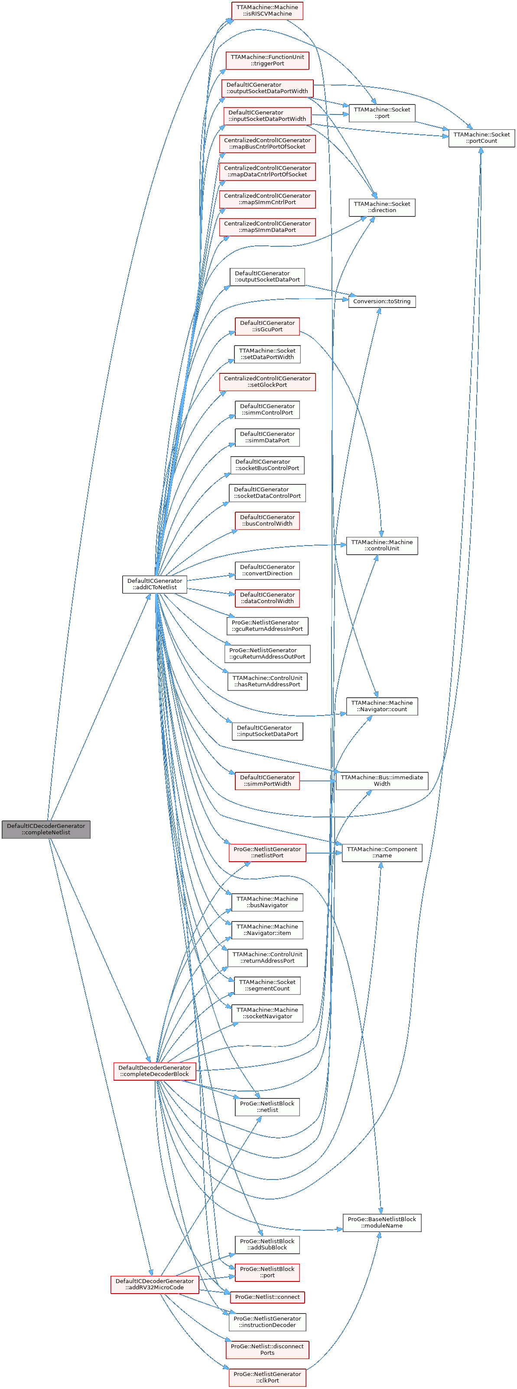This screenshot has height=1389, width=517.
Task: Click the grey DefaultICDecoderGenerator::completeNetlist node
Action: (46, 829)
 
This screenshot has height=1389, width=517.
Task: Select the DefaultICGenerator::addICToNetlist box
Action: (155, 584)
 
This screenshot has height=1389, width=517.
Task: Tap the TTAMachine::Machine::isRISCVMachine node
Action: (267, 10)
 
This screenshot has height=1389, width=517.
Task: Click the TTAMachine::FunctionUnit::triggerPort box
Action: (267, 60)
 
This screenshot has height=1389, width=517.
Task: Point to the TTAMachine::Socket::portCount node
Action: (481, 137)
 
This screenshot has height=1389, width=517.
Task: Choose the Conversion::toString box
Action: (382, 301)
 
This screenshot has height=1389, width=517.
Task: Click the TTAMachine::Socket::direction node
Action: (382, 207)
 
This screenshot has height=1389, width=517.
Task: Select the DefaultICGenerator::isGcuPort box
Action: (267, 326)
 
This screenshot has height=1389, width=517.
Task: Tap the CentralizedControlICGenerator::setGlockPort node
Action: (267, 381)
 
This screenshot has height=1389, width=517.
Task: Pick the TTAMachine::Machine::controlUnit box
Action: (382, 545)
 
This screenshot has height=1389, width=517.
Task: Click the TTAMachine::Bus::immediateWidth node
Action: (382, 780)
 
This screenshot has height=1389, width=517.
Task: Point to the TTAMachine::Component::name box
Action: (382, 852)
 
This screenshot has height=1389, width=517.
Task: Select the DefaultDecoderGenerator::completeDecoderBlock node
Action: (155, 1070)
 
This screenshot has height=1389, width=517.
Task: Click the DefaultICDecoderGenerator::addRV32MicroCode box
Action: (155, 1284)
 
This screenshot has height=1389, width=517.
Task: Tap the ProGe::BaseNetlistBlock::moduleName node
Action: (382, 1222)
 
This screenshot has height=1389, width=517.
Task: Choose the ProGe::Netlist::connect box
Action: (267, 1297)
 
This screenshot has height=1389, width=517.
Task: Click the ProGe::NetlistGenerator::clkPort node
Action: (267, 1377)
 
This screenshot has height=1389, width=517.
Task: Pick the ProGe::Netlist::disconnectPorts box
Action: (267, 1349)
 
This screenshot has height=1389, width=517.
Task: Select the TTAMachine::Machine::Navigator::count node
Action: (382, 706)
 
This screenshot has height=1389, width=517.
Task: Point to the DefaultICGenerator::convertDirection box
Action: (267, 570)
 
